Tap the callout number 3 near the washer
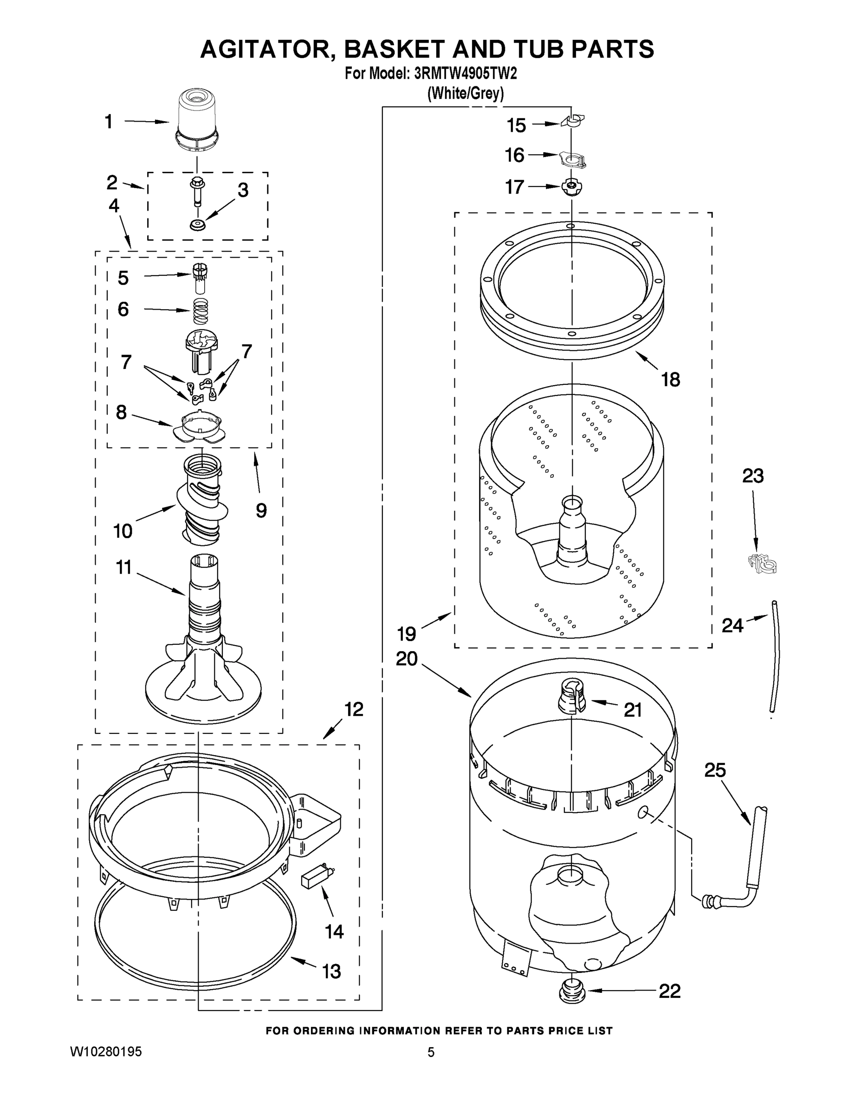tap(243, 190)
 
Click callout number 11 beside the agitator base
tap(124, 567)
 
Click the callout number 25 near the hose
tap(715, 770)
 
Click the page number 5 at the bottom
tap(431, 1052)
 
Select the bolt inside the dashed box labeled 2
tap(196, 191)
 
